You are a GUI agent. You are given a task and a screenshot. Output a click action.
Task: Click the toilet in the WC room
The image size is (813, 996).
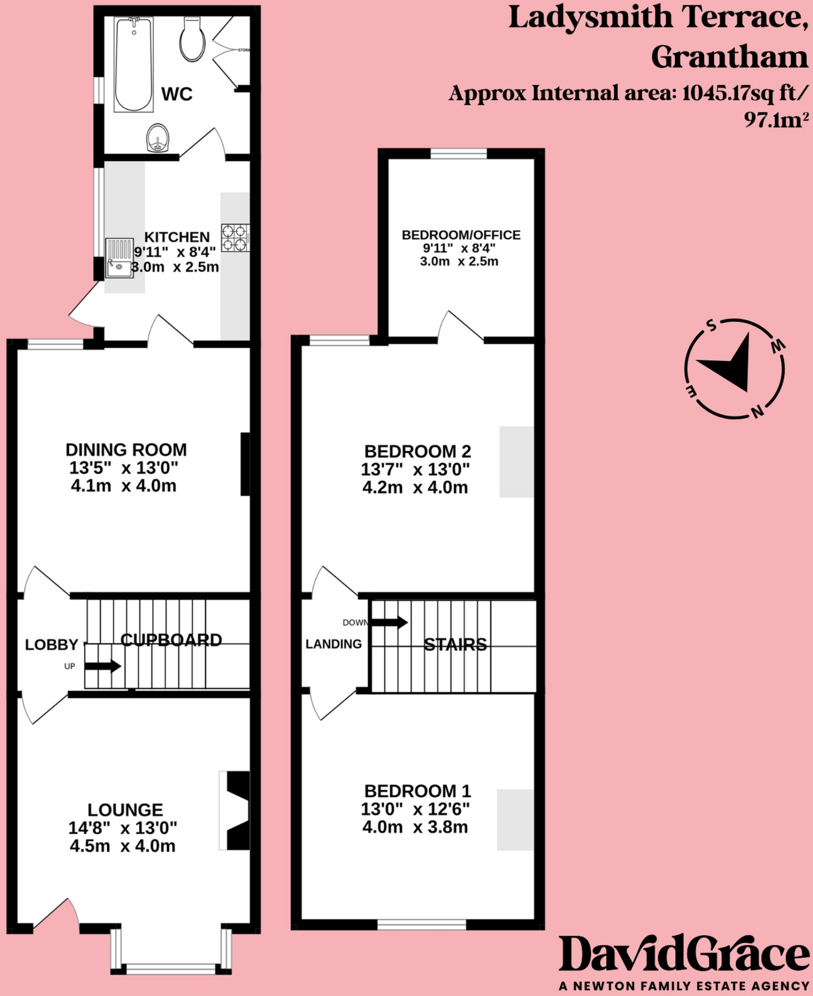pyautogui.click(x=191, y=39)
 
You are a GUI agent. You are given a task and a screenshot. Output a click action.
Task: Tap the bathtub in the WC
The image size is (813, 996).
pyautogui.click(x=134, y=64)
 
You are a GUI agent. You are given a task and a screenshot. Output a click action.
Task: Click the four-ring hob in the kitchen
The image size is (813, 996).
pyautogui.click(x=236, y=238)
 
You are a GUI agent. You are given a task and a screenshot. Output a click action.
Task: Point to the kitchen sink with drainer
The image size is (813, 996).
pyautogui.click(x=120, y=258)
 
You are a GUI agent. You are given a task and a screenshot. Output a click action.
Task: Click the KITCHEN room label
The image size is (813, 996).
pyautogui.click(x=177, y=237)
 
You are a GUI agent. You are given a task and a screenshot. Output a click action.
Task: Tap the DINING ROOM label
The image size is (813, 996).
pyautogui.click(x=126, y=450)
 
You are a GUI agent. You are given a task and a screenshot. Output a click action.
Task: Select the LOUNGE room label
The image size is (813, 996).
pyautogui.click(x=125, y=810)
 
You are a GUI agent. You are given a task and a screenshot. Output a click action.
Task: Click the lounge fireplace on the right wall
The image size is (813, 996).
pyautogui.click(x=234, y=810)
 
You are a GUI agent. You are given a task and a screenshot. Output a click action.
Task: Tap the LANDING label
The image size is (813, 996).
pyautogui.click(x=334, y=644)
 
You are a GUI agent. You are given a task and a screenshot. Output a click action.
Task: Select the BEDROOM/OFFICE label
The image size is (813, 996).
pyautogui.click(x=461, y=235)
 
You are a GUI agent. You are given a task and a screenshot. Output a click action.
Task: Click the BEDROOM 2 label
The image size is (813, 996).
pyautogui.click(x=418, y=451)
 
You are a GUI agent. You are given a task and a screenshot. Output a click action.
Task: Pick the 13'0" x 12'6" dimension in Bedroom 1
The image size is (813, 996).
pyautogui.click(x=415, y=809)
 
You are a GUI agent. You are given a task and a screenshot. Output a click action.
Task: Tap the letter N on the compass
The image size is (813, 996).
pyautogui.click(x=758, y=412)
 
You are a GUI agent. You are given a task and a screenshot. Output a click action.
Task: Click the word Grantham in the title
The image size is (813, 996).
pyautogui.click(x=729, y=57)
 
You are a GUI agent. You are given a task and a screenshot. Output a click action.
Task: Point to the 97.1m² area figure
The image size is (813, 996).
pyautogui.click(x=776, y=120)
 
